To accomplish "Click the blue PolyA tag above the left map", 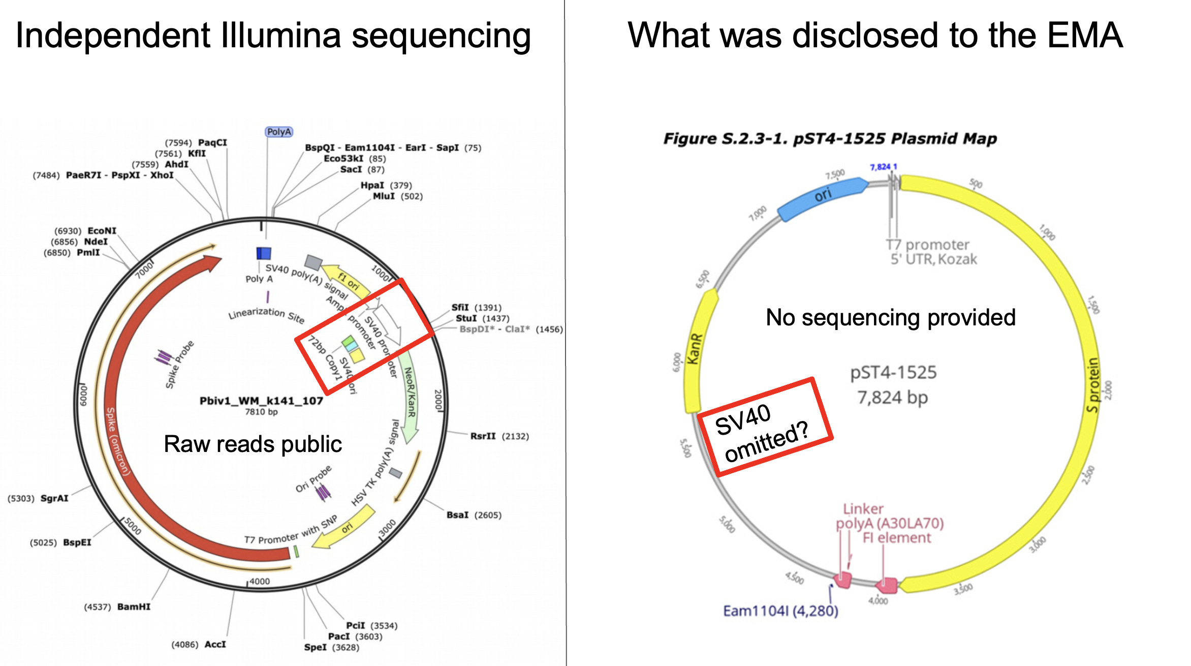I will point(279,132).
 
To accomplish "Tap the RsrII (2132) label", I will point(499,436).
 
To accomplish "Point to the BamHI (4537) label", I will point(117,607).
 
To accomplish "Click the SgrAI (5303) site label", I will point(38,498).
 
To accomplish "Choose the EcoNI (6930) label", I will point(85,231).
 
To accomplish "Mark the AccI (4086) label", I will point(199,645).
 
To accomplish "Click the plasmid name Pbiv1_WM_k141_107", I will point(261,401).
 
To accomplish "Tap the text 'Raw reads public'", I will point(253,444).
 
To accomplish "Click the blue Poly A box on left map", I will point(264,253).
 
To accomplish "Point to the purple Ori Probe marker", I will point(323,492).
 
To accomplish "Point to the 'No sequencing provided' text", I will point(890,318).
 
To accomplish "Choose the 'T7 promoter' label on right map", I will point(928,245).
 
